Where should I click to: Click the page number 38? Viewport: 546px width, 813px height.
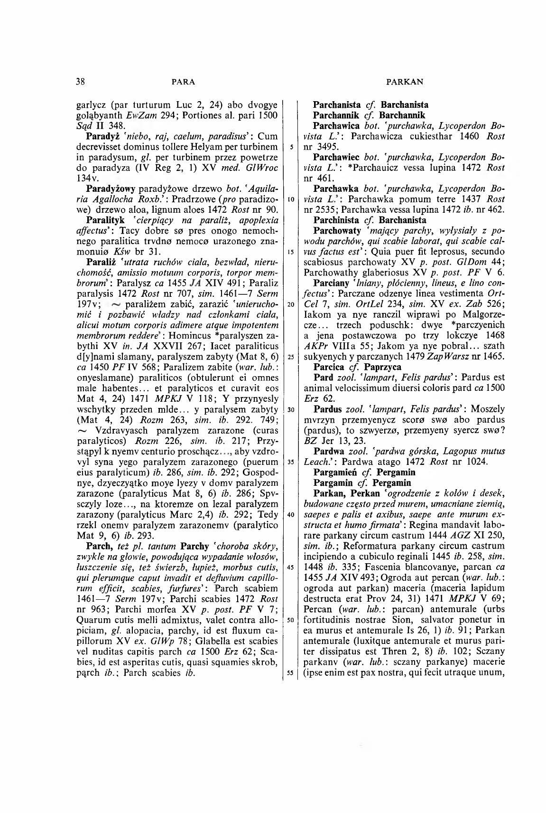(80, 82)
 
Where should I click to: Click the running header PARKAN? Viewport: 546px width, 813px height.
(405, 82)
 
